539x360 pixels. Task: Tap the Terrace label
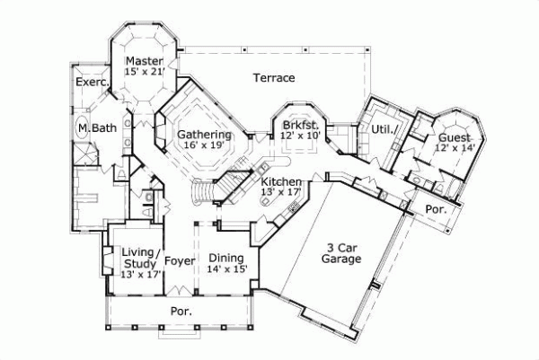click(x=273, y=77)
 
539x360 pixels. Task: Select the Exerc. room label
click(x=92, y=82)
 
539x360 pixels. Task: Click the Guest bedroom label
click(x=454, y=136)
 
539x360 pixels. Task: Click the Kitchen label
click(x=281, y=181)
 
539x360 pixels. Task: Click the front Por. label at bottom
click(x=181, y=311)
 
